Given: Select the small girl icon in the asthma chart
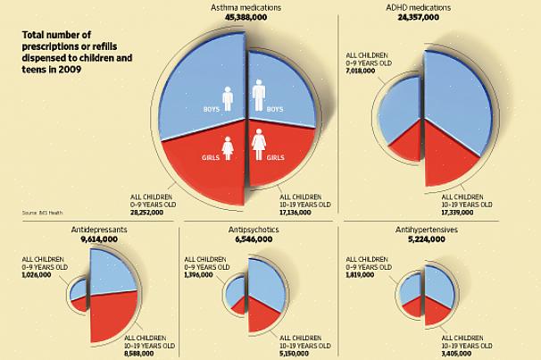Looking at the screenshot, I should click(x=227, y=147).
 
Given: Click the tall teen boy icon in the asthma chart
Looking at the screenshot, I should click(x=258, y=95).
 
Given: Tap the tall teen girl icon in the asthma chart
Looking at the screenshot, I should click(x=259, y=144).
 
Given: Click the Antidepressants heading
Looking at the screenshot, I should click(x=98, y=230).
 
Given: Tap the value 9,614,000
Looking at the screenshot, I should click(x=98, y=239).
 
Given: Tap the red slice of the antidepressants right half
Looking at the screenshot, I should click(x=112, y=313).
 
